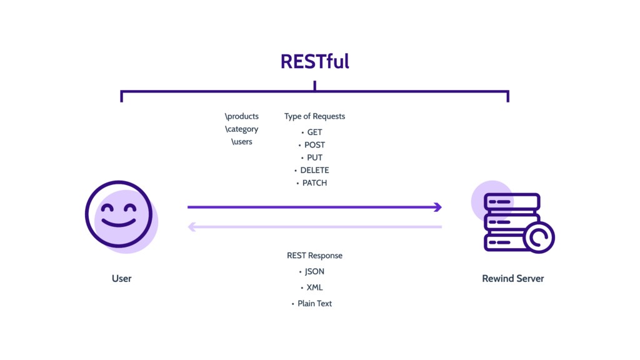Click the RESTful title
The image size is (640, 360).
pyautogui.click(x=314, y=61)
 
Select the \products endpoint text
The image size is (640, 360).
pyautogui.click(x=242, y=116)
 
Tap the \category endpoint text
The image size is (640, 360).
pyautogui.click(x=242, y=129)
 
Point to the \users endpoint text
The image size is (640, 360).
pyautogui.click(x=242, y=142)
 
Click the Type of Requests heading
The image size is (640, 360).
pyautogui.click(x=314, y=116)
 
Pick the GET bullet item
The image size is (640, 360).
pyautogui.click(x=314, y=132)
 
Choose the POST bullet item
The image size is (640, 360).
pyautogui.click(x=314, y=145)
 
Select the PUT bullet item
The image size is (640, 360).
pyautogui.click(x=314, y=157)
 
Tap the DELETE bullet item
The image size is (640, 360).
pyautogui.click(x=314, y=170)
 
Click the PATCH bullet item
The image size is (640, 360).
pyautogui.click(x=314, y=183)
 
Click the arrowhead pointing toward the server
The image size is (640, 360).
pyautogui.click(x=439, y=207)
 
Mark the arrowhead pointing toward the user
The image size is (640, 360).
pyautogui.click(x=191, y=227)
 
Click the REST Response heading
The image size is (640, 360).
pyautogui.click(x=314, y=256)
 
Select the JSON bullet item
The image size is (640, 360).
pyautogui.click(x=314, y=272)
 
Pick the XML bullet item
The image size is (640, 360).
pyautogui.click(x=314, y=287)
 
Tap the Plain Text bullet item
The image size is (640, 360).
pyautogui.click(x=314, y=303)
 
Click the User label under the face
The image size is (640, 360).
pyautogui.click(x=122, y=278)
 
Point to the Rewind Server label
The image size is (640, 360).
pyautogui.click(x=512, y=278)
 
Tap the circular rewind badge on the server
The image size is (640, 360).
pyautogui.click(x=538, y=237)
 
